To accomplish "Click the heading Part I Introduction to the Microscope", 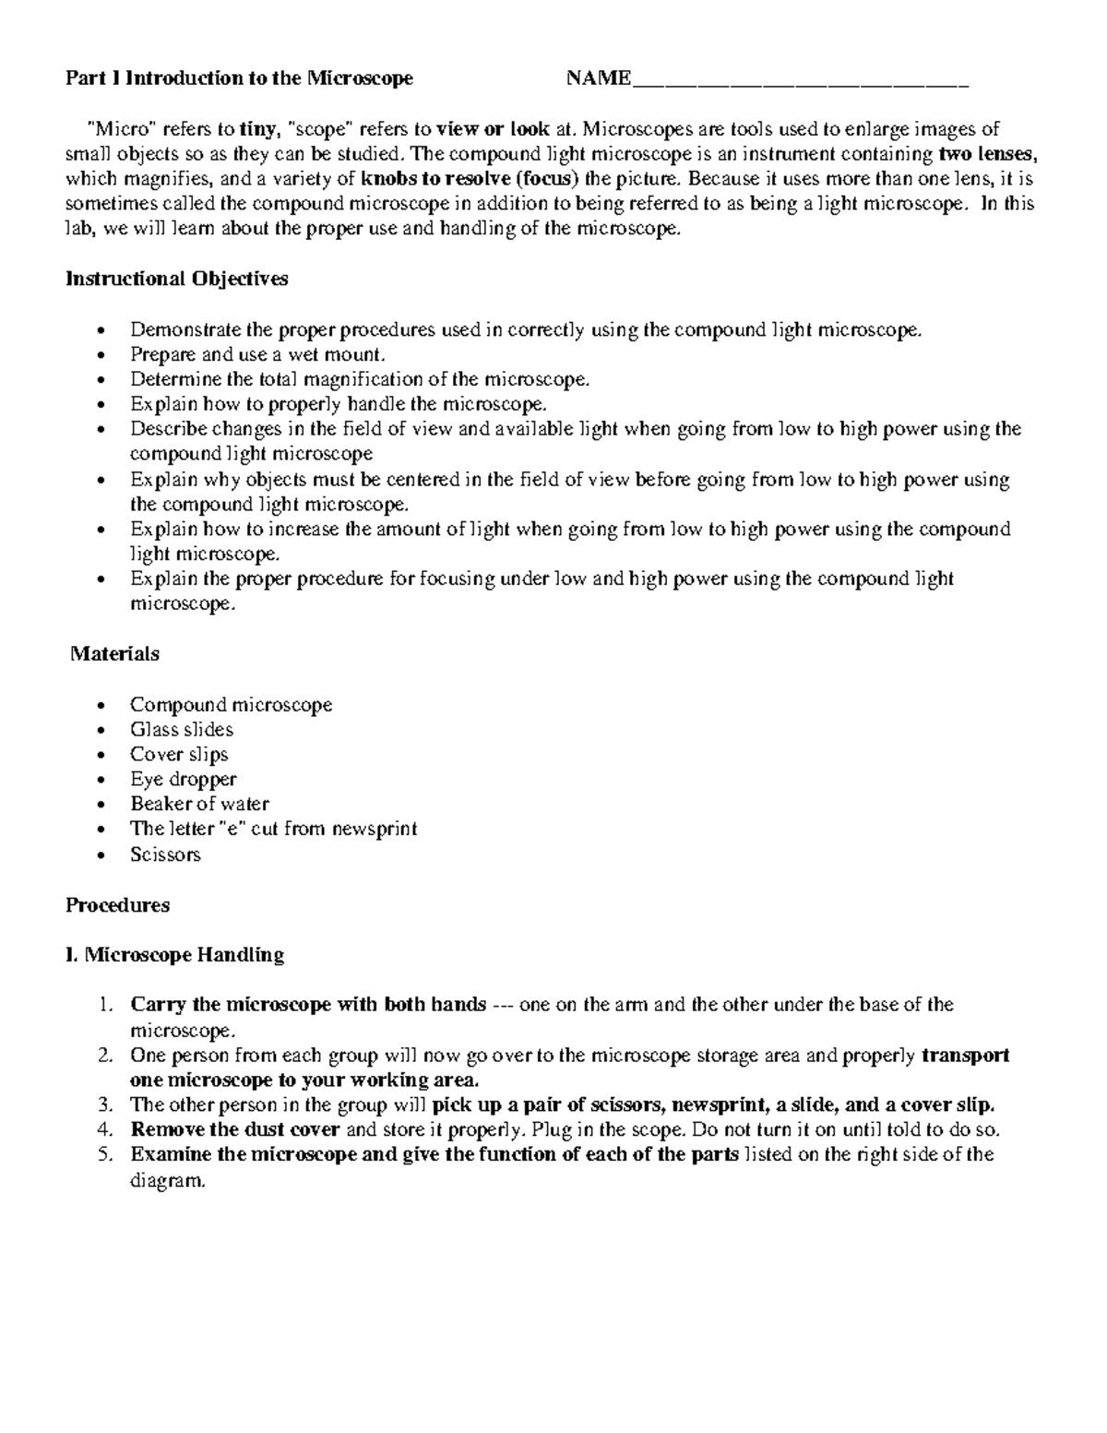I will click(x=239, y=78).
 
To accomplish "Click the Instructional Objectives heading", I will click(x=176, y=279).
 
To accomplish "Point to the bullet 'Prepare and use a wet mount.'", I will click(x=257, y=354).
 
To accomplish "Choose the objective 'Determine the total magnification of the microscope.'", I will click(x=359, y=379).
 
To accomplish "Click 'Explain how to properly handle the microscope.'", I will click(x=339, y=404).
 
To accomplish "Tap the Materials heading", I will click(x=115, y=654).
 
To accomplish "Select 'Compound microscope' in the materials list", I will click(x=231, y=705).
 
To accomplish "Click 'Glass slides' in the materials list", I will click(x=182, y=730).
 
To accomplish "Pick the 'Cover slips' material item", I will click(x=179, y=755).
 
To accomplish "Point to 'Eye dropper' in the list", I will click(x=184, y=780).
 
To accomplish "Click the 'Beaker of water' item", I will click(x=199, y=805).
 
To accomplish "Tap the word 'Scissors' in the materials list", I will click(x=165, y=854).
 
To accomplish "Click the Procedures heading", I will click(x=117, y=905).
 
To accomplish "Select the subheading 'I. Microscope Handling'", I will click(x=174, y=955).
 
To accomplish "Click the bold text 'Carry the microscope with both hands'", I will click(x=308, y=1005).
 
